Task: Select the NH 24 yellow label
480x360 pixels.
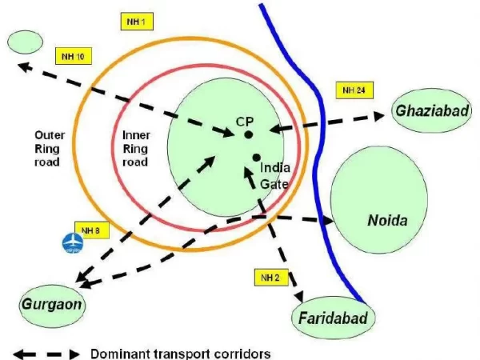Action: pyautogui.click(x=354, y=90)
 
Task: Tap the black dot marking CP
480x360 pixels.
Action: pyautogui.click(x=250, y=134)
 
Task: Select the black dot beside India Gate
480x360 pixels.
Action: pyautogui.click(x=255, y=157)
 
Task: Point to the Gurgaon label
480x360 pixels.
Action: pyautogui.click(x=53, y=305)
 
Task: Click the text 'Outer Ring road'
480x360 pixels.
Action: pyautogui.click(x=56, y=148)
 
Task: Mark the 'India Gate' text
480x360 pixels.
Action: pyautogui.click(x=277, y=176)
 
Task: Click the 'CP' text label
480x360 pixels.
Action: pyautogui.click(x=244, y=119)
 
